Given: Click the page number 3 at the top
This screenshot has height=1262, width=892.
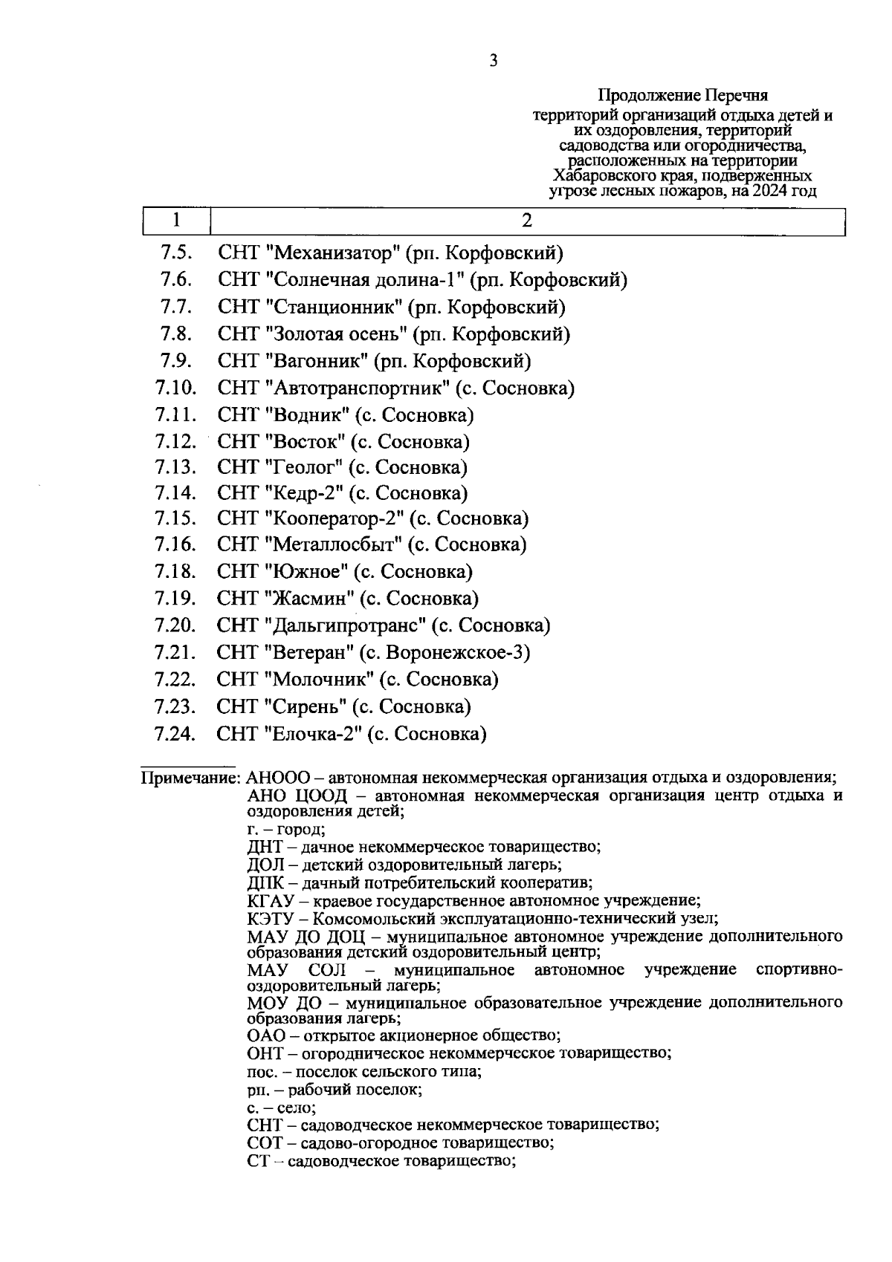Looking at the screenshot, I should point(494,61).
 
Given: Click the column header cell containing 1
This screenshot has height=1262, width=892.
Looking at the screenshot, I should point(176,221).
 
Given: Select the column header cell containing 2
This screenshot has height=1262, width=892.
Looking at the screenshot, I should point(527,221).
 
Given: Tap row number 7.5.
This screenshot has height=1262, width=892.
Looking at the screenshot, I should point(176,253).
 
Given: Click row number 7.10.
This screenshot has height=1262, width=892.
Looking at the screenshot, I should point(175,388).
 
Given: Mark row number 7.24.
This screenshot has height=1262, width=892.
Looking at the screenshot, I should point(175,735).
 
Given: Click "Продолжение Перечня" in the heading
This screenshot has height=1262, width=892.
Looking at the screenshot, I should point(682,96).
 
